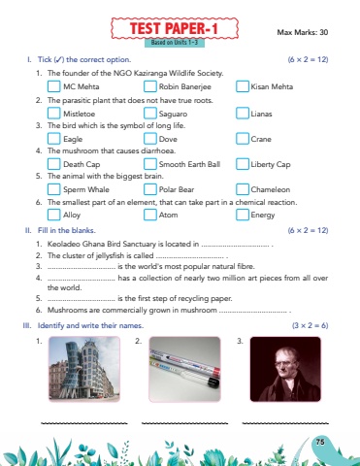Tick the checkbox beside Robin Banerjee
tap(150, 86)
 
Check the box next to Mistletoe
tap(54, 114)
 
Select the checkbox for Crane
tap(243, 139)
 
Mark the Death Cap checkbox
tap(54, 164)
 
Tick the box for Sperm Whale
tap(54, 189)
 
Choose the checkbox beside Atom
tap(150, 215)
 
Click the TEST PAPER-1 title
tap(175, 28)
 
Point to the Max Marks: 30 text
tap(303, 32)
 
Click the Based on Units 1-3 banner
tap(175, 43)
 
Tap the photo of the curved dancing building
tap(84, 369)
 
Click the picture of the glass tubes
tap(184, 369)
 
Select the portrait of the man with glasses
tap(285, 369)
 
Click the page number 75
tap(320, 442)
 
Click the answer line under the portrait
tap(285, 423)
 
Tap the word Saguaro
tap(173, 114)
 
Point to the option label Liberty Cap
tap(271, 164)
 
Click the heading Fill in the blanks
tap(67, 230)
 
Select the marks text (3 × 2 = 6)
tap(310, 325)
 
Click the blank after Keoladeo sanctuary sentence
tap(236, 246)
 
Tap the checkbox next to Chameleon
tap(243, 189)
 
